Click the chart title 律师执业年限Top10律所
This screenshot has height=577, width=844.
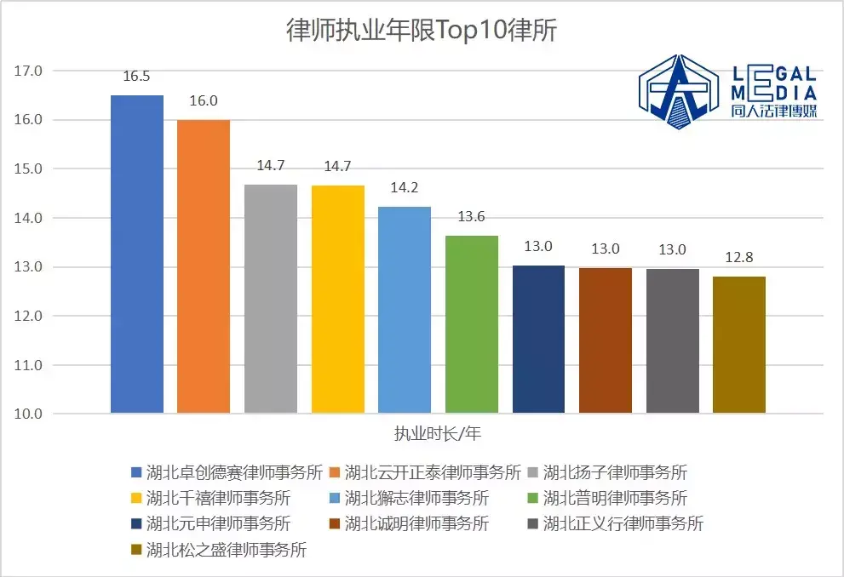coord(422,31)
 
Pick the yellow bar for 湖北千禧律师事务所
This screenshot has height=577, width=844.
coord(337,299)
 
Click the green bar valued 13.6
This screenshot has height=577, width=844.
coord(471,324)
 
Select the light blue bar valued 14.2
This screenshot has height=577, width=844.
coord(404,310)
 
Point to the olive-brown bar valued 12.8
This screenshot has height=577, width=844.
coord(739,345)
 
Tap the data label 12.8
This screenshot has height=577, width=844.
coord(739,258)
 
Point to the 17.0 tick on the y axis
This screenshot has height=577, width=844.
coord(28,71)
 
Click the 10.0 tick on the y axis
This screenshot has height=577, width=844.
coord(28,414)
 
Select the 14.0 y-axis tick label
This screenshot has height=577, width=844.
coord(28,218)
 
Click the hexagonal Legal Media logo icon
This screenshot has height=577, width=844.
coord(680,91)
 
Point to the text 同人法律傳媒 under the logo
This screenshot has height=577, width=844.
coord(773,111)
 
